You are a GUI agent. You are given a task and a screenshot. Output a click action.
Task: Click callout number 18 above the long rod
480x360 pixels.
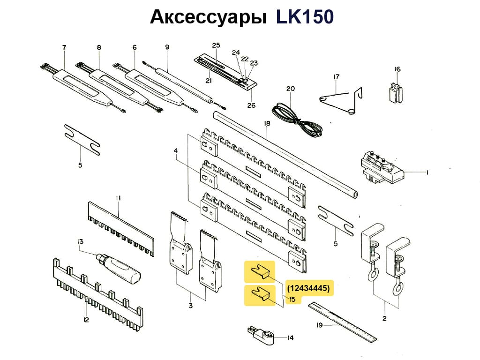coord(267,124)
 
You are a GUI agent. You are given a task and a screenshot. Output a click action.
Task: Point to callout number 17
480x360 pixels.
coord(336,76)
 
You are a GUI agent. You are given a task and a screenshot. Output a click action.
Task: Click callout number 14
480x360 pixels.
coord(290,337)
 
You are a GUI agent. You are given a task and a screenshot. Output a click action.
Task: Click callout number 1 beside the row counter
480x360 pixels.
coord(427,172)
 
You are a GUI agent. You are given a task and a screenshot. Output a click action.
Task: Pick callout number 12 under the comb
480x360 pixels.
coord(86,320)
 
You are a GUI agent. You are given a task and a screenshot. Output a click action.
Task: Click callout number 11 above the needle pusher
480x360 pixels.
coord(119,198)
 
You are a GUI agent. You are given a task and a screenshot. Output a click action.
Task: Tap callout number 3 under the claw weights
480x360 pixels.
coord(190,306)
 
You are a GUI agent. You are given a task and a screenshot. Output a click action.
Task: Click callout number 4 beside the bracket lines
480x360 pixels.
coord(176,151)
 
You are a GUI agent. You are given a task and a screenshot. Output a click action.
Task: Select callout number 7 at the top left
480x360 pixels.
coord(64,47)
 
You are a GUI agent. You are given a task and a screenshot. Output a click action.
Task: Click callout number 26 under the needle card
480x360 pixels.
coord(251,105)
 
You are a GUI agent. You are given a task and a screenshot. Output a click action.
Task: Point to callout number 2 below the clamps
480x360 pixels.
coord(384,319)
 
